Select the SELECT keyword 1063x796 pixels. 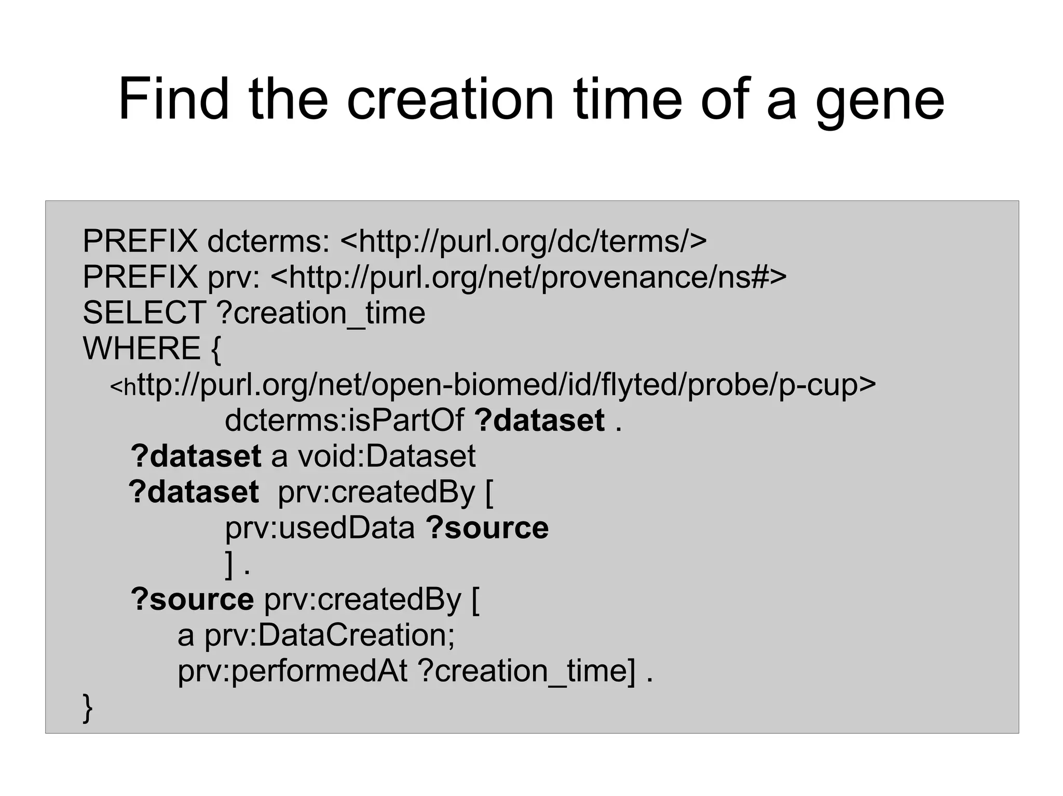pyautogui.click(x=144, y=313)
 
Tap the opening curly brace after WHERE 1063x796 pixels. pyautogui.click(x=216, y=349)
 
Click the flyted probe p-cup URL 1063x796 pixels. pyautogui.click(x=493, y=385)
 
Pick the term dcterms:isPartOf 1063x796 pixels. pyautogui.click(x=344, y=420)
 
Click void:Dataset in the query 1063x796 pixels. pyautogui.click(x=386, y=456)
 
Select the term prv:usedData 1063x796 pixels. pyautogui.click(x=320, y=528)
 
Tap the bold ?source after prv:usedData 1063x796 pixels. pyautogui.click(x=487, y=528)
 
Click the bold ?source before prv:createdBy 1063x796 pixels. pyautogui.click(x=192, y=599)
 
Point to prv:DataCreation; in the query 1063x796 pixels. pyautogui.click(x=329, y=635)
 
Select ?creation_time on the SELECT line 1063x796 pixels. pyautogui.click(x=320, y=313)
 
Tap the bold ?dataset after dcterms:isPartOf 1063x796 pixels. pyautogui.click(x=540, y=420)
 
